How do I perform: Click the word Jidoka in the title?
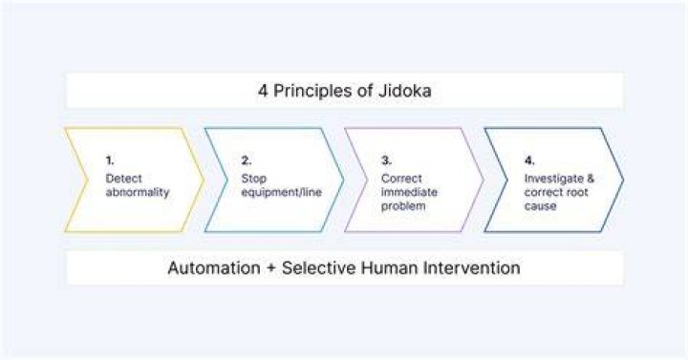click(x=404, y=91)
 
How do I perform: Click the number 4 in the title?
click(x=263, y=91)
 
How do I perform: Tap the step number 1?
click(x=110, y=160)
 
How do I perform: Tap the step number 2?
click(x=247, y=160)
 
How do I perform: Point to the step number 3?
click(x=386, y=160)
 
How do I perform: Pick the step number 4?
click(x=529, y=160)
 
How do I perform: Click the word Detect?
click(x=123, y=179)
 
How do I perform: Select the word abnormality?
click(x=138, y=192)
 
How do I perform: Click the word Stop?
click(x=253, y=179)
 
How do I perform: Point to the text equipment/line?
click(x=281, y=192)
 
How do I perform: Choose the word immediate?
click(x=409, y=192)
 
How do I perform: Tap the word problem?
click(x=403, y=206)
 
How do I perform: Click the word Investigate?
click(x=553, y=179)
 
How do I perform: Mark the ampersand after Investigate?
click(x=591, y=179)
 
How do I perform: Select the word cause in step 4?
click(x=540, y=206)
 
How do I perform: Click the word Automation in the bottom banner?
click(x=214, y=268)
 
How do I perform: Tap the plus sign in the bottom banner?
click(x=271, y=268)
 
